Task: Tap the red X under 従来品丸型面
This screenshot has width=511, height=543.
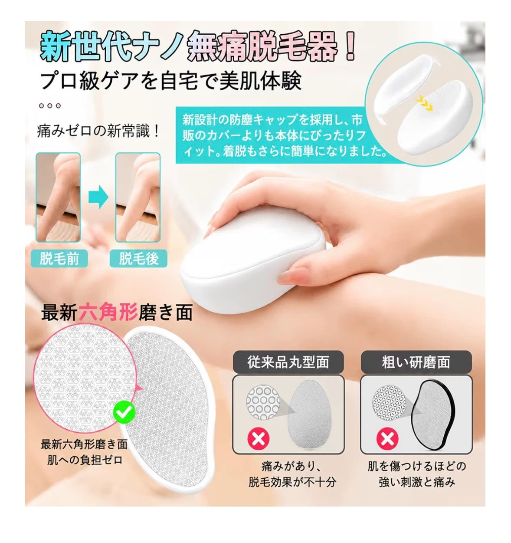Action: pos(258,439)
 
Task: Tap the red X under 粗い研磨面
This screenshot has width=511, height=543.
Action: pos(387,439)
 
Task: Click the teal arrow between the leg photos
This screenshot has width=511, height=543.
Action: pos(98,197)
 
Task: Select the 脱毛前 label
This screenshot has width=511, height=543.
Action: pos(59,258)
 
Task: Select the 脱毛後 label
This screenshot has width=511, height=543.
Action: pos(138,258)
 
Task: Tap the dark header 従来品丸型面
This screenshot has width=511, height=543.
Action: pos(288,362)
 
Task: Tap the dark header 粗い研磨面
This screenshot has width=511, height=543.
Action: pos(416,362)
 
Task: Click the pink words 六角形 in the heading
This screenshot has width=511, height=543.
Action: pos(108,313)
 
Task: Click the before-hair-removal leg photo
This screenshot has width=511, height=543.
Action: pos(58,197)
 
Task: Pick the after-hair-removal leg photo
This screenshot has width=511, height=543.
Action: pos(138,197)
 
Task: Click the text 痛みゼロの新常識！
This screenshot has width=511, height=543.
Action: pos(98,131)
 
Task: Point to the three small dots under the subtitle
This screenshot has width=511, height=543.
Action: pos(50,105)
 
